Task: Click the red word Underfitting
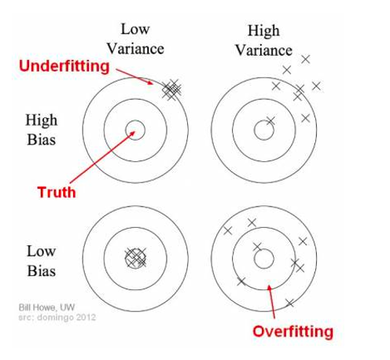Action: click(64, 66)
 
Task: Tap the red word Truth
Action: click(57, 192)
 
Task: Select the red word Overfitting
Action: click(292, 332)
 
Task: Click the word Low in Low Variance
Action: click(135, 29)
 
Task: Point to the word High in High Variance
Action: click(263, 31)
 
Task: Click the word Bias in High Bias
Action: click(42, 139)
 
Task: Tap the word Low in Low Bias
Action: click(42, 252)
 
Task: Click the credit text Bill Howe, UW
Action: click(46, 307)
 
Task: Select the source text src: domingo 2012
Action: click(57, 318)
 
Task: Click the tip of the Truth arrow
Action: click(134, 131)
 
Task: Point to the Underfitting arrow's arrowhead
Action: click(153, 84)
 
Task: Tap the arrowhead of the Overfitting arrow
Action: click(268, 285)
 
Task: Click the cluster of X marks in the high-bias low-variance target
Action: click(171, 90)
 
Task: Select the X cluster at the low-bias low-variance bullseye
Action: click(135, 258)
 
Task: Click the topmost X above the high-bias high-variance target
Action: click(306, 59)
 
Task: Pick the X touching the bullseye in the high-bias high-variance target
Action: click(270, 121)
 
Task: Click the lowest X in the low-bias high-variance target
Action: click(289, 303)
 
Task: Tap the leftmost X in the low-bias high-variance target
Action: click(228, 230)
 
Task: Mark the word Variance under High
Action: click(263, 50)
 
